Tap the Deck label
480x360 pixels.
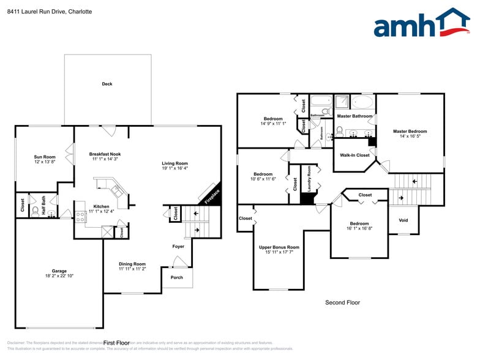coord(107,84)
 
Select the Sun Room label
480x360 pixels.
coord(45,157)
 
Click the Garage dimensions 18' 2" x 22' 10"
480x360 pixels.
coord(59,276)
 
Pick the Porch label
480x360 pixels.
coord(176,277)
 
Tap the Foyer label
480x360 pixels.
coord(178,247)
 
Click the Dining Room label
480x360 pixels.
coord(132,264)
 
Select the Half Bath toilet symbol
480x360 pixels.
coord(35,210)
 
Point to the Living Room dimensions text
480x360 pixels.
coord(174,168)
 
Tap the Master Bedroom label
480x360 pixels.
coord(410,131)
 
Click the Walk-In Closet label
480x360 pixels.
coord(355,155)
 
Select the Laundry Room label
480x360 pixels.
coord(309,178)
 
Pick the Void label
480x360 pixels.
coord(403,220)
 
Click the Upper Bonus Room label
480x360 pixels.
coord(279,247)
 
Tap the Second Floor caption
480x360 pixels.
coord(342,302)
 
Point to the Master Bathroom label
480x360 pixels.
coord(354,116)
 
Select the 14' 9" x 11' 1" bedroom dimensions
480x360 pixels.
coord(273,124)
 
